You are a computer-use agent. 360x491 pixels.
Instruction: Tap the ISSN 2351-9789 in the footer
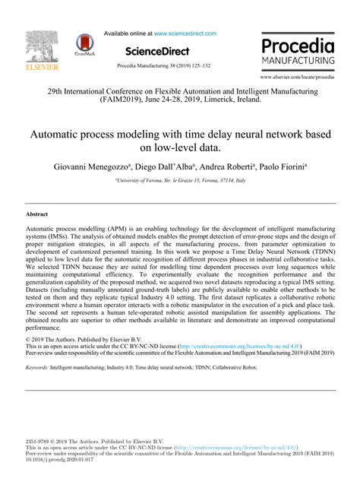click(x=38, y=441)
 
